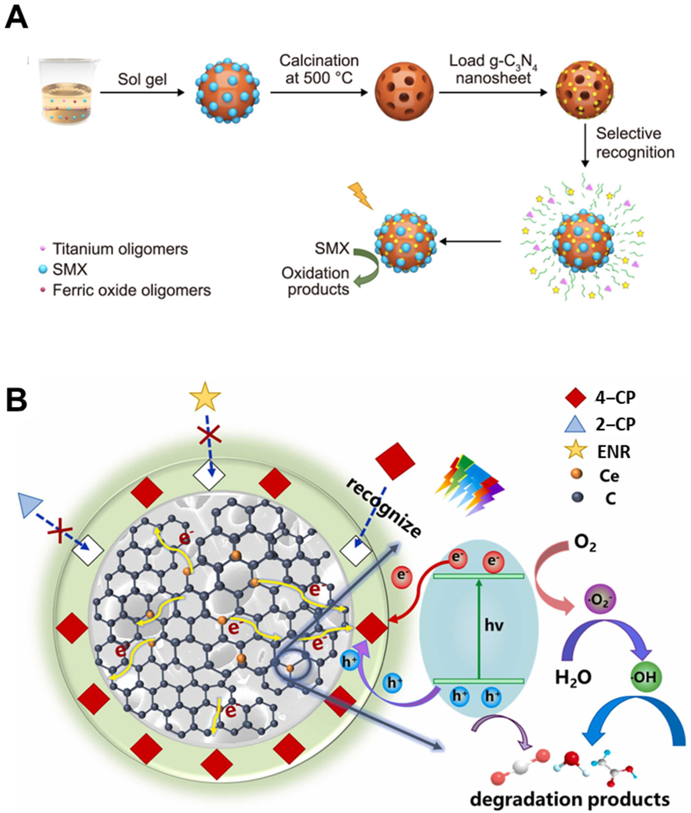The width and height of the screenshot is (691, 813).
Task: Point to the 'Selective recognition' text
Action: [x=635, y=143]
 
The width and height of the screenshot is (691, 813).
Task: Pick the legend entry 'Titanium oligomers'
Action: [x=120, y=249]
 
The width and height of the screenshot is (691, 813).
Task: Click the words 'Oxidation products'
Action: [x=316, y=281]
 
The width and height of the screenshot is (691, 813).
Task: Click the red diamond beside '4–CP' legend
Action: [x=575, y=398]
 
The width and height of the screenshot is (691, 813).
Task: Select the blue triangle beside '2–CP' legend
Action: [x=575, y=424]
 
